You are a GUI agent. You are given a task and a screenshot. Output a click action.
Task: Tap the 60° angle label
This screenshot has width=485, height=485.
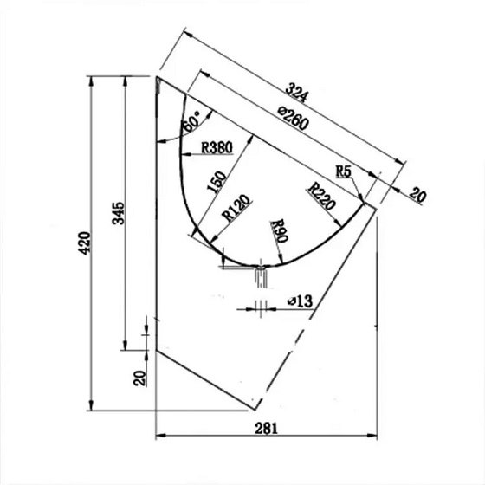click(x=193, y=121)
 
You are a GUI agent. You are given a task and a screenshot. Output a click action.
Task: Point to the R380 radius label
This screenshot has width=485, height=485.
click(x=216, y=147)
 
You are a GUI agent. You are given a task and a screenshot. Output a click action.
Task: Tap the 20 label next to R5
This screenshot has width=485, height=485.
click(x=417, y=196)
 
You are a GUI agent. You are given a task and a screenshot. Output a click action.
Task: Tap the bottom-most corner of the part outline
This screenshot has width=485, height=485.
click(x=253, y=407)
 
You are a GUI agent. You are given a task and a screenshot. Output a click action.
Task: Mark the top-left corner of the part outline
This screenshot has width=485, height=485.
click(x=157, y=77)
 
